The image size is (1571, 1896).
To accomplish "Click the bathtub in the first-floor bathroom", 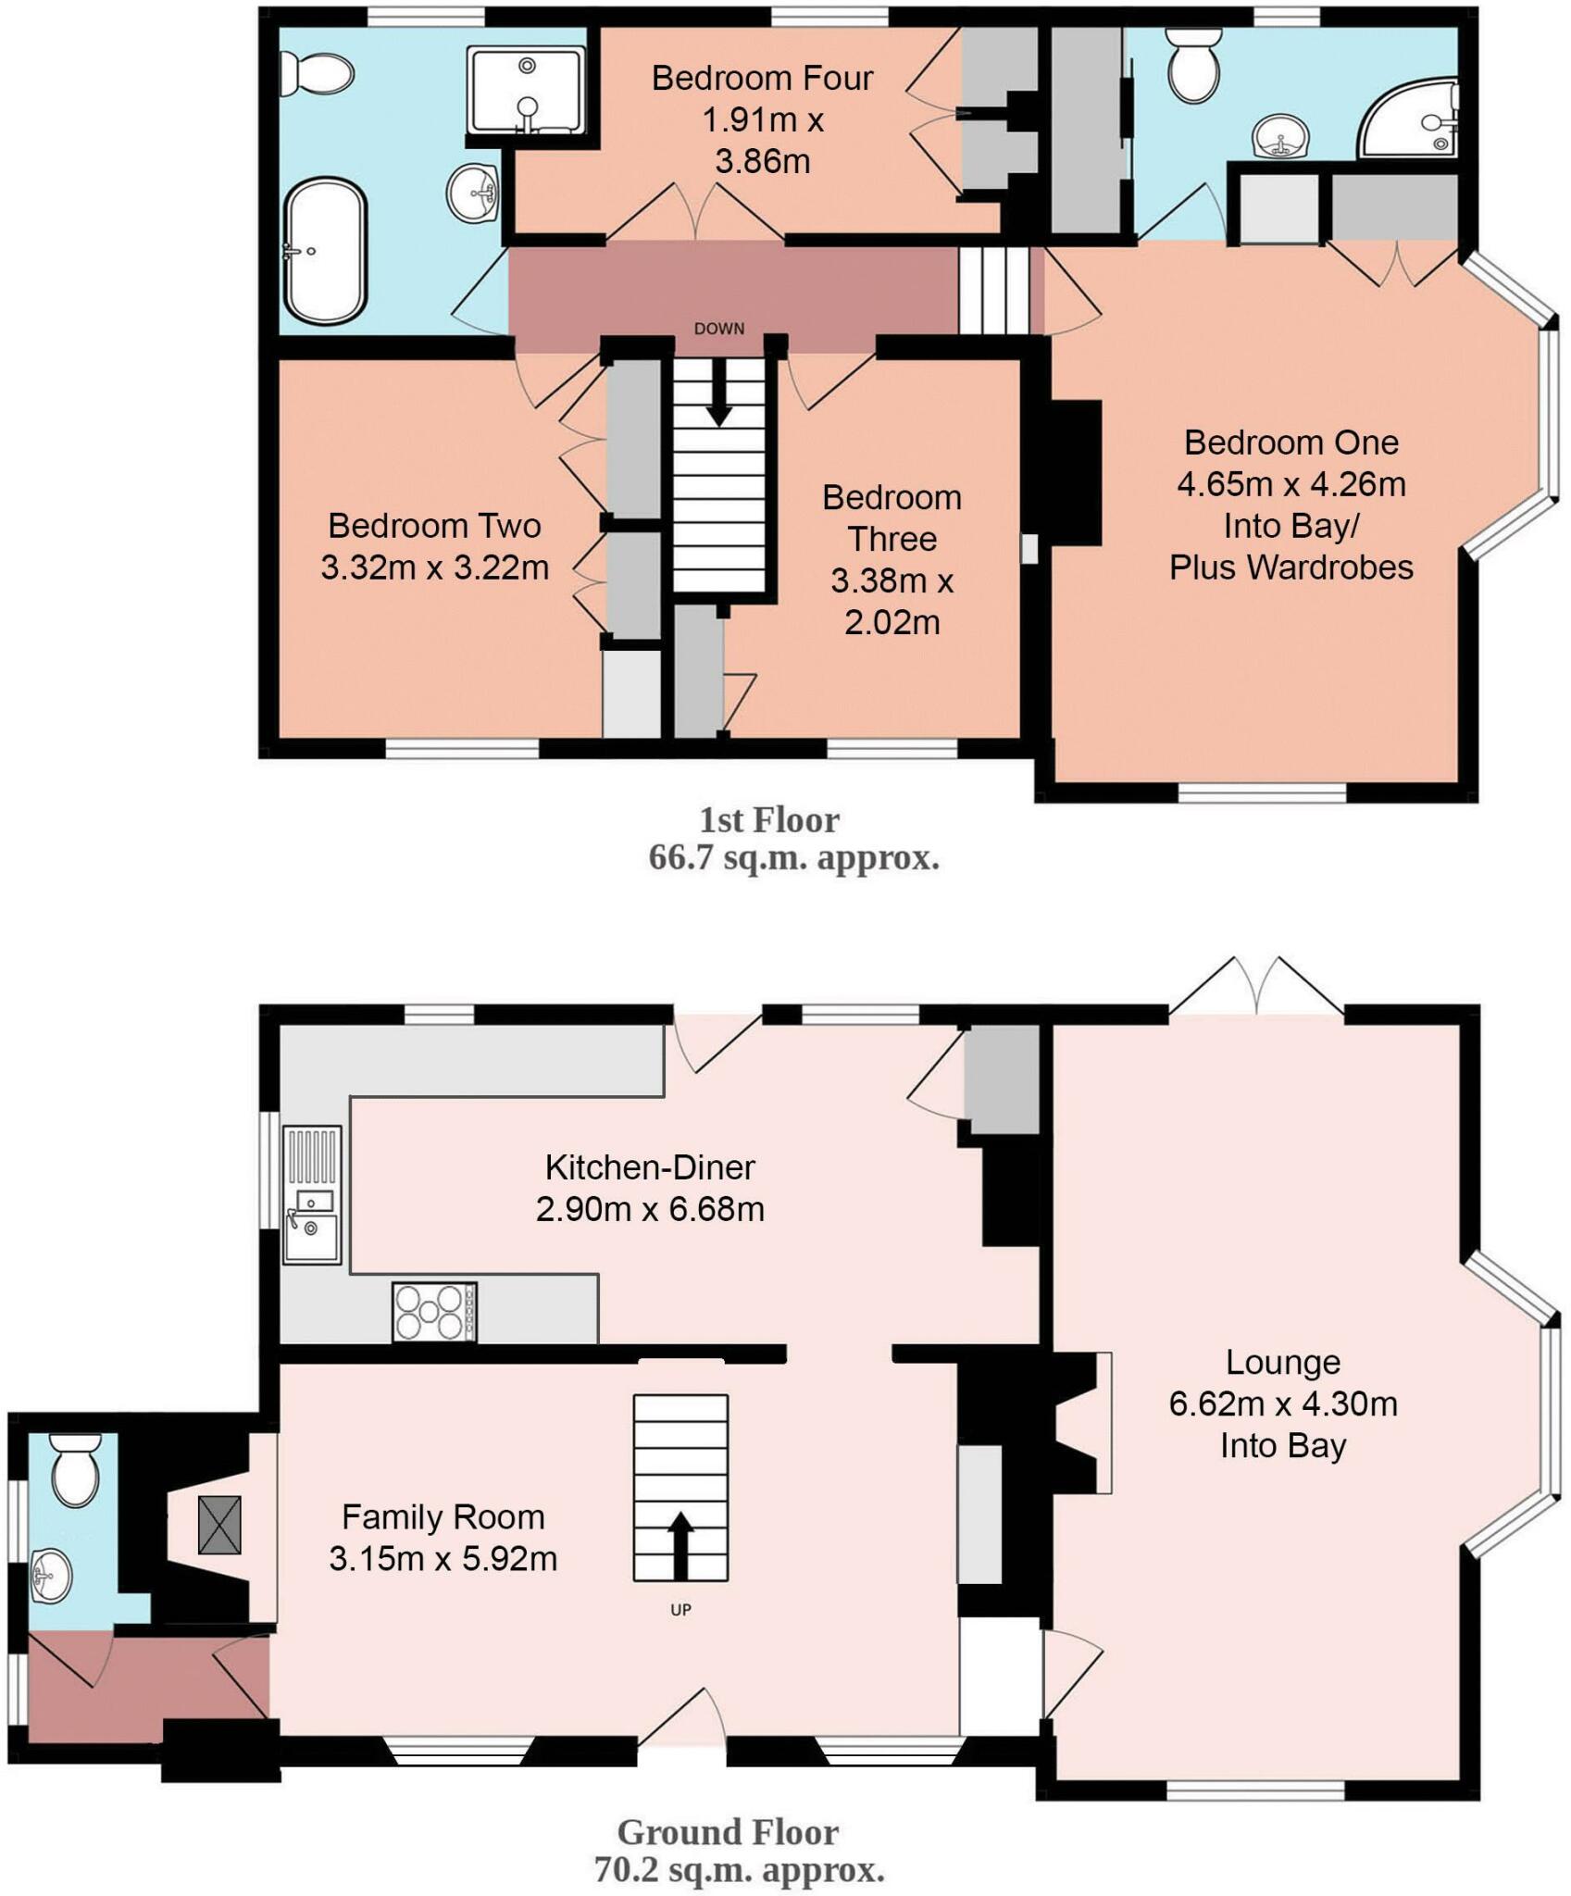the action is [324, 252].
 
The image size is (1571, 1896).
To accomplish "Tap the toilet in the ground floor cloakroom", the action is [75, 1469].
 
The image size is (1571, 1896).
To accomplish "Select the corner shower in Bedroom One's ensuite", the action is [1410, 119].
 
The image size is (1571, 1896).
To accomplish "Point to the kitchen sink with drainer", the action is [312, 1194].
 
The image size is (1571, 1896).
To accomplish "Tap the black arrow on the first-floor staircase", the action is [719, 394].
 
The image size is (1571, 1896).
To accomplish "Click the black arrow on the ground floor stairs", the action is [680, 1545].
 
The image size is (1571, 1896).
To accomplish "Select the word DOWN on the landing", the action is [719, 329].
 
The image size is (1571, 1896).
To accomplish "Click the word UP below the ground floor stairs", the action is [681, 1610].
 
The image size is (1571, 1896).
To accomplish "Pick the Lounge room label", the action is [1283, 1362].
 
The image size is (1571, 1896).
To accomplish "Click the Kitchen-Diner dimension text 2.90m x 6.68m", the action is [650, 1209].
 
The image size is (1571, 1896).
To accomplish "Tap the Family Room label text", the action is [443, 1516].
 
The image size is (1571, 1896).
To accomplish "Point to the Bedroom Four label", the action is [762, 78].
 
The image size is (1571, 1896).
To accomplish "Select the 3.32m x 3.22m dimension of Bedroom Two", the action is [435, 567].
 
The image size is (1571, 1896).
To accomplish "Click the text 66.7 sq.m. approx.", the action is [794, 858].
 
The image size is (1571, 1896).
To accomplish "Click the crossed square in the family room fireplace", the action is [219, 1525].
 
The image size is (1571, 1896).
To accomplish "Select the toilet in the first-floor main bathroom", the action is [318, 74].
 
